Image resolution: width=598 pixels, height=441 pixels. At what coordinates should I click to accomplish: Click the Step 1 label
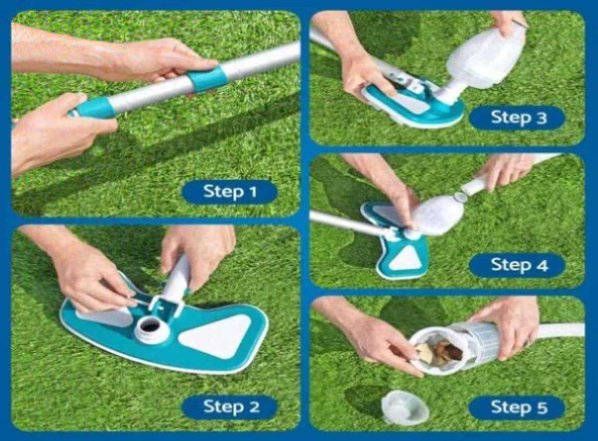click(230, 191)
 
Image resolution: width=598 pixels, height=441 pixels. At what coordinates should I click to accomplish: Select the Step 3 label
click(517, 118)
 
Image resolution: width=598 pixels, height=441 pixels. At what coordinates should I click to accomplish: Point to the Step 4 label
click(517, 265)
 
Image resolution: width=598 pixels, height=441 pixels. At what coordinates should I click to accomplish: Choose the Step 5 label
click(517, 408)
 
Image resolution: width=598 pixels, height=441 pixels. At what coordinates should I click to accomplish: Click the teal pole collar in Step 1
click(207, 79)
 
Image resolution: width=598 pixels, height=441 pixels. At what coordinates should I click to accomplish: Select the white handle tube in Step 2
click(177, 278)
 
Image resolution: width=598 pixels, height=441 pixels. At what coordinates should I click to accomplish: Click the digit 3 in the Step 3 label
click(541, 118)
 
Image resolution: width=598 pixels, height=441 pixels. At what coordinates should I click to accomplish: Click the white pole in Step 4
click(347, 223)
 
